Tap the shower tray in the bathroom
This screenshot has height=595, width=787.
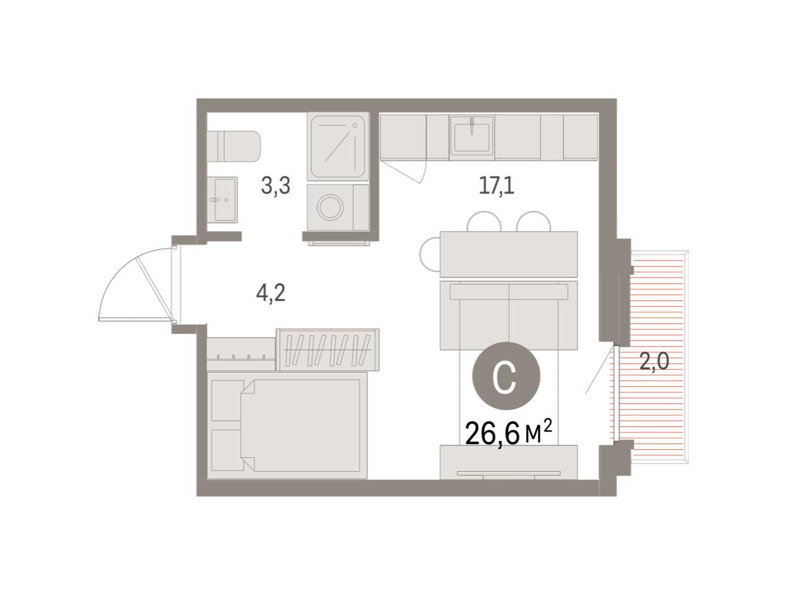coord(338,146)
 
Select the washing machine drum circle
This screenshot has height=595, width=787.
coord(330,207)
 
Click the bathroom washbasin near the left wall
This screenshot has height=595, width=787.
coord(222,199)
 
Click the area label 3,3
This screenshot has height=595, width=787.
coord(275,186)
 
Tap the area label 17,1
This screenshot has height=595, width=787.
coord(496,186)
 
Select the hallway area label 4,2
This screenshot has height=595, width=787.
coord(271,293)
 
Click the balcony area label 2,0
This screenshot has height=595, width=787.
coord(655,361)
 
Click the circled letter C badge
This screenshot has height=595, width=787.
coord(506,376)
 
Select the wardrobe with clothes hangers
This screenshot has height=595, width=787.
coord(327,350)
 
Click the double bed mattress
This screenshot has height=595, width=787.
coord(300,425)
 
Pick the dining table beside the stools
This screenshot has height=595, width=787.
coord(508,255)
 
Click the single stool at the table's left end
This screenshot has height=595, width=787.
coord(430,255)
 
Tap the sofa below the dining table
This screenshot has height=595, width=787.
coord(508,316)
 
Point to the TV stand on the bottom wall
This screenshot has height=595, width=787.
coord(508,462)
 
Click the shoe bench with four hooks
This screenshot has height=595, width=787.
coord(241,354)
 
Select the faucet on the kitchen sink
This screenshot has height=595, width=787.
coord(472,126)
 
